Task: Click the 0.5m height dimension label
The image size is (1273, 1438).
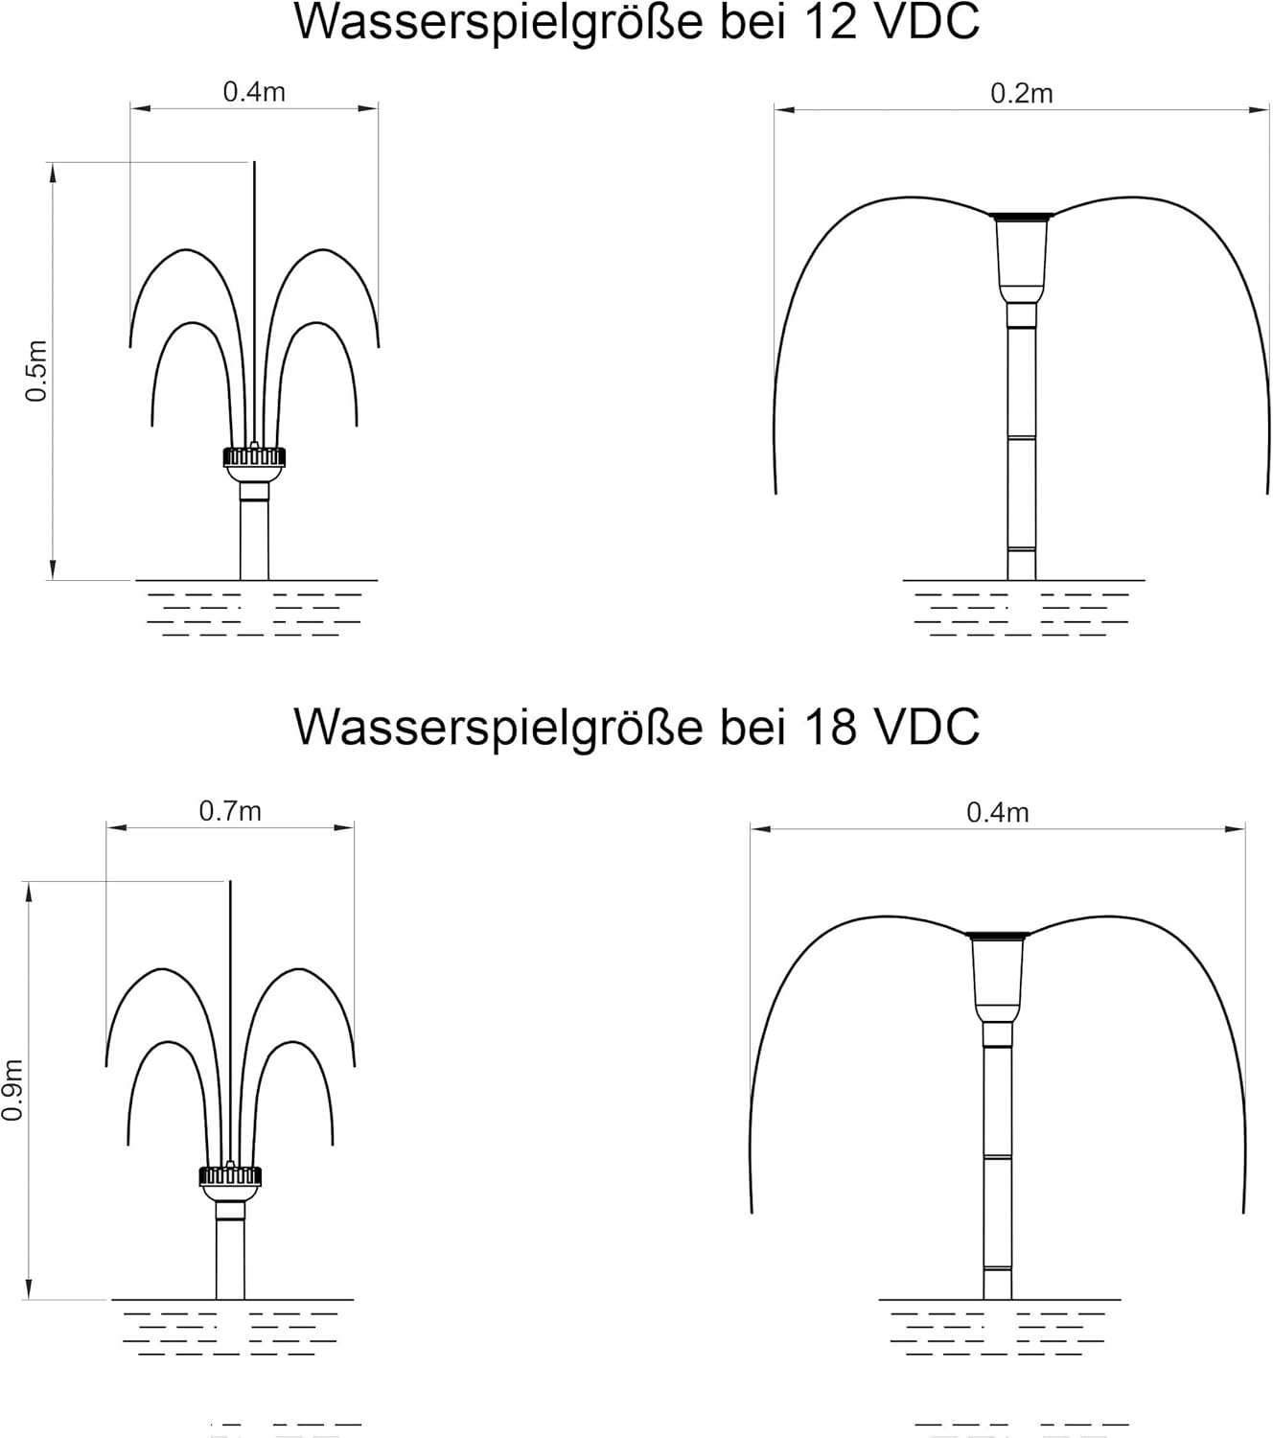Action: [x=36, y=370]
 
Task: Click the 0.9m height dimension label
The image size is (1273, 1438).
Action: [x=12, y=1090]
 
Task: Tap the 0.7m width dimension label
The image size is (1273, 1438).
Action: [x=230, y=811]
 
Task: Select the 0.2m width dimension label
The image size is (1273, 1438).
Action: [x=1021, y=93]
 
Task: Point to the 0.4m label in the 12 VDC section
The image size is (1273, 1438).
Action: [x=254, y=92]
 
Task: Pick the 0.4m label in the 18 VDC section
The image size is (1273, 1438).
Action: [x=998, y=812]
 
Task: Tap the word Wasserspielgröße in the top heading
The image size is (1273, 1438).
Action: [x=498, y=25]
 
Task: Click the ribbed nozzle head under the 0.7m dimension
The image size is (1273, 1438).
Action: [x=230, y=1176]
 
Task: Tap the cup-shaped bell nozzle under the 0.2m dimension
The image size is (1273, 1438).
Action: [x=1021, y=256]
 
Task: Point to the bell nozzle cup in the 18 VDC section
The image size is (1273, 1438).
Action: [x=997, y=975]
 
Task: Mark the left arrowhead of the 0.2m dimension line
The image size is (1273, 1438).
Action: [x=784, y=110]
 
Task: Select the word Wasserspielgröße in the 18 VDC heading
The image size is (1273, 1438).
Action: [x=498, y=730]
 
